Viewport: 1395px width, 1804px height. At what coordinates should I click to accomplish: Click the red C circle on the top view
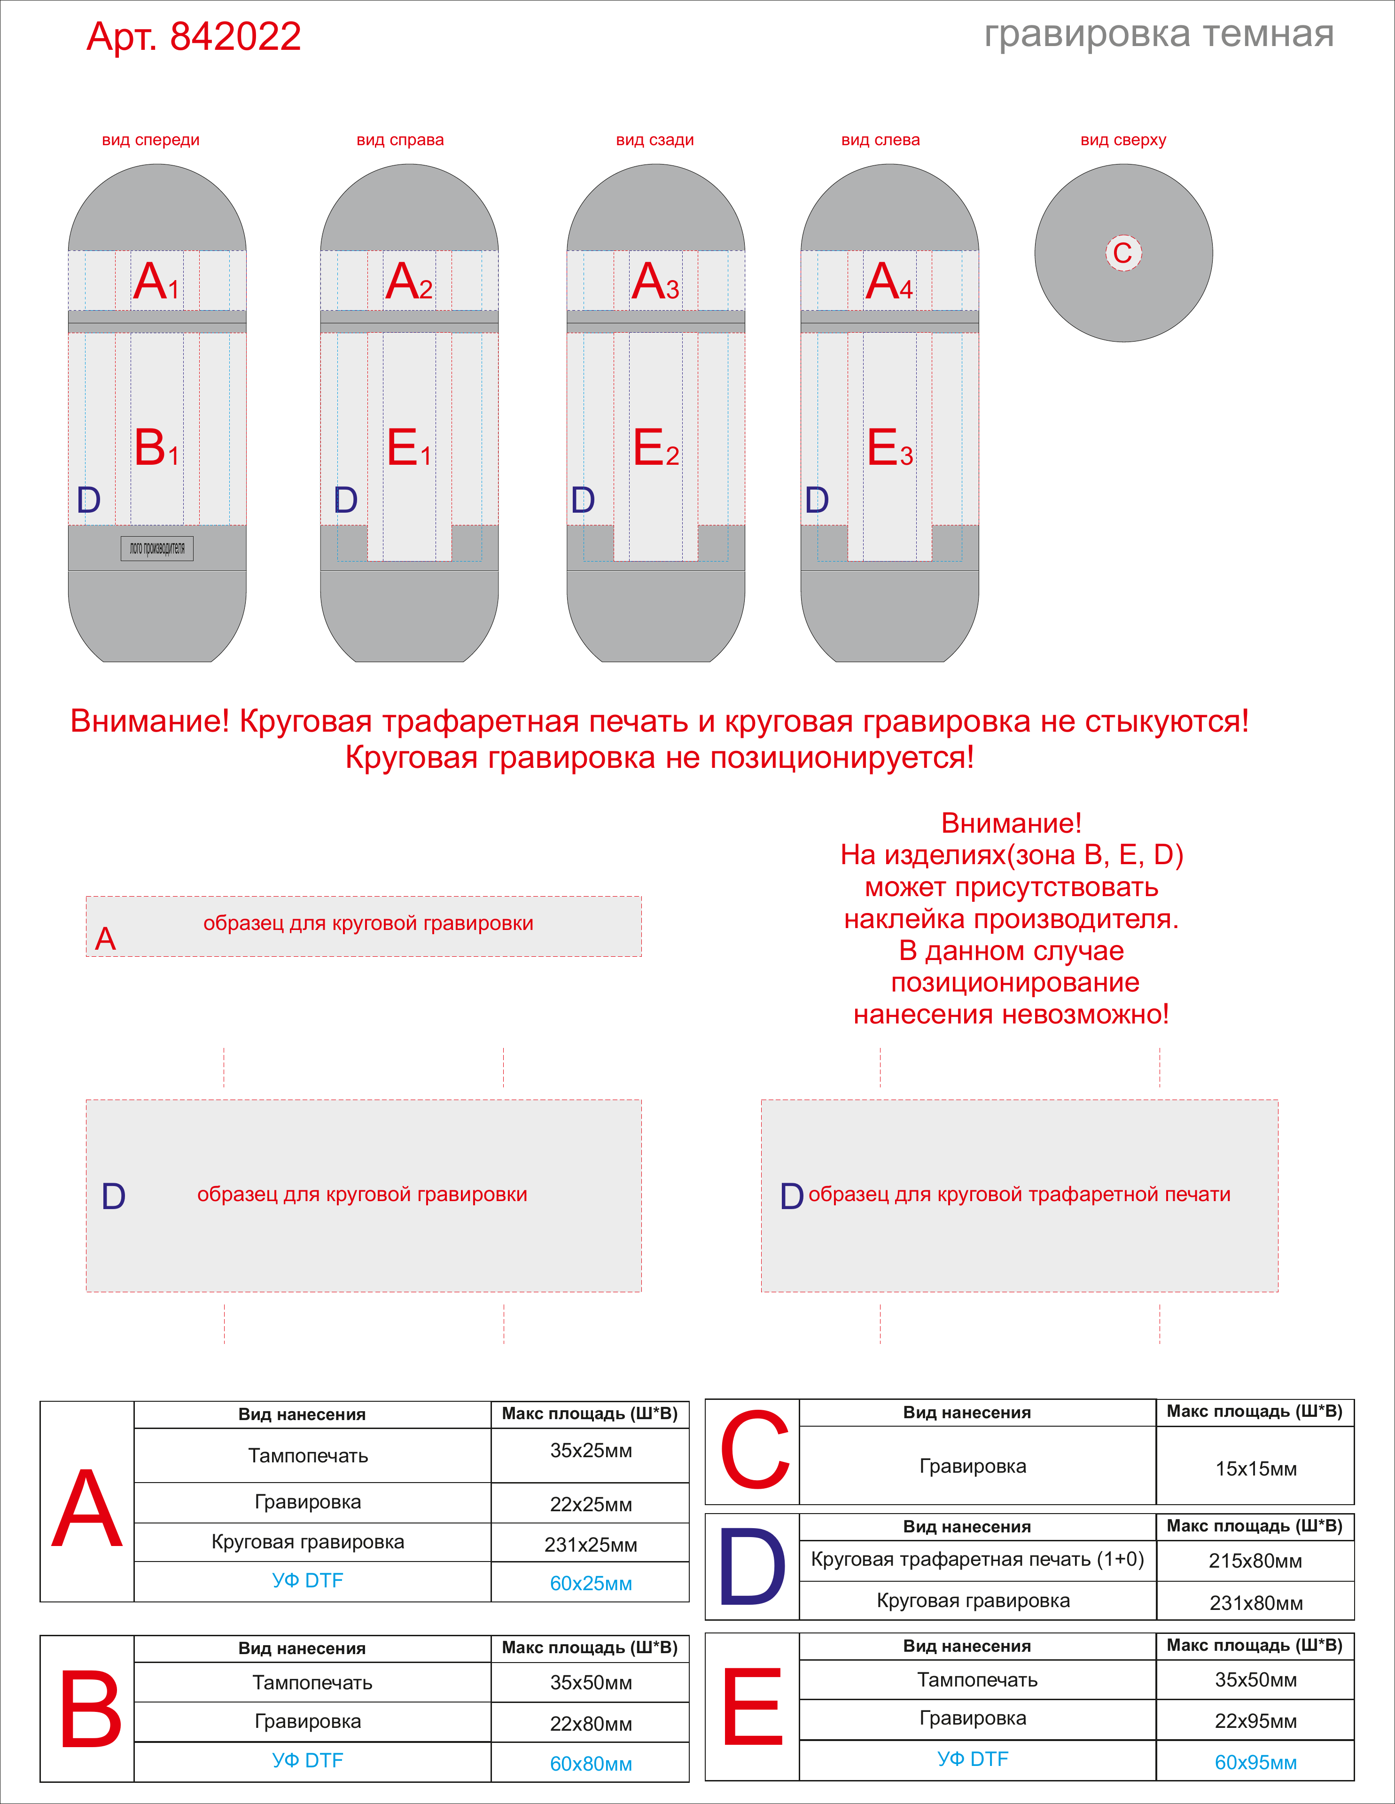pyautogui.click(x=1123, y=253)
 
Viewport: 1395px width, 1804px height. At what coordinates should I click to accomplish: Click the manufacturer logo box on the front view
pyautogui.click(x=157, y=548)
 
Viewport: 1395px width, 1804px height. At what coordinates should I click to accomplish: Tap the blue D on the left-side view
pyautogui.click(x=817, y=500)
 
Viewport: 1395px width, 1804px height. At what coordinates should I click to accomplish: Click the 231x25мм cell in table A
pyautogui.click(x=591, y=1545)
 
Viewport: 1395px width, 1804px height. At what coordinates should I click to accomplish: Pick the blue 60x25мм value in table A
pyautogui.click(x=591, y=1584)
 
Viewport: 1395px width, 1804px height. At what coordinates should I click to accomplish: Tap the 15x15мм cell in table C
pyautogui.click(x=1255, y=1468)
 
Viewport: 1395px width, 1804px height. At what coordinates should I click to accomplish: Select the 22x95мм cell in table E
pyautogui.click(x=1255, y=1721)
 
